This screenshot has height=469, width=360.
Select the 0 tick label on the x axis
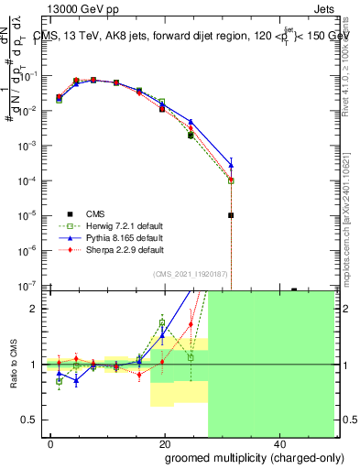click(51, 442)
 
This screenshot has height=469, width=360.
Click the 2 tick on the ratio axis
click(37, 309)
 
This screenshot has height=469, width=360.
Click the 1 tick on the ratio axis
click(37, 365)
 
